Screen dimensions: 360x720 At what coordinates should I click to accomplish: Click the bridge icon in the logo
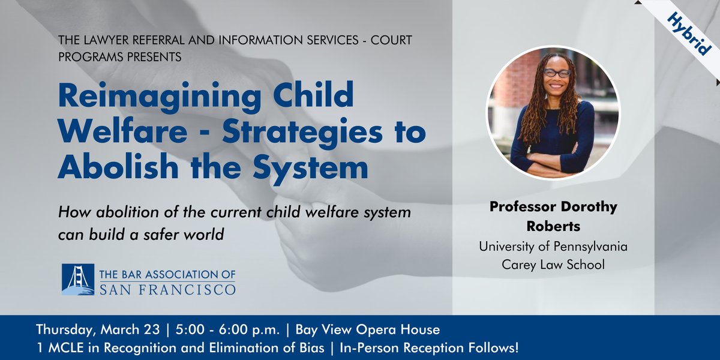click(78, 279)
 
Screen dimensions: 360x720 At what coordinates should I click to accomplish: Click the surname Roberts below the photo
click(553, 227)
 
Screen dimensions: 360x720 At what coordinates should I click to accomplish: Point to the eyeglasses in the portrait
click(557, 73)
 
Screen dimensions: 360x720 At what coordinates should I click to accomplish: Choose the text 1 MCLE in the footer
click(57, 347)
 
